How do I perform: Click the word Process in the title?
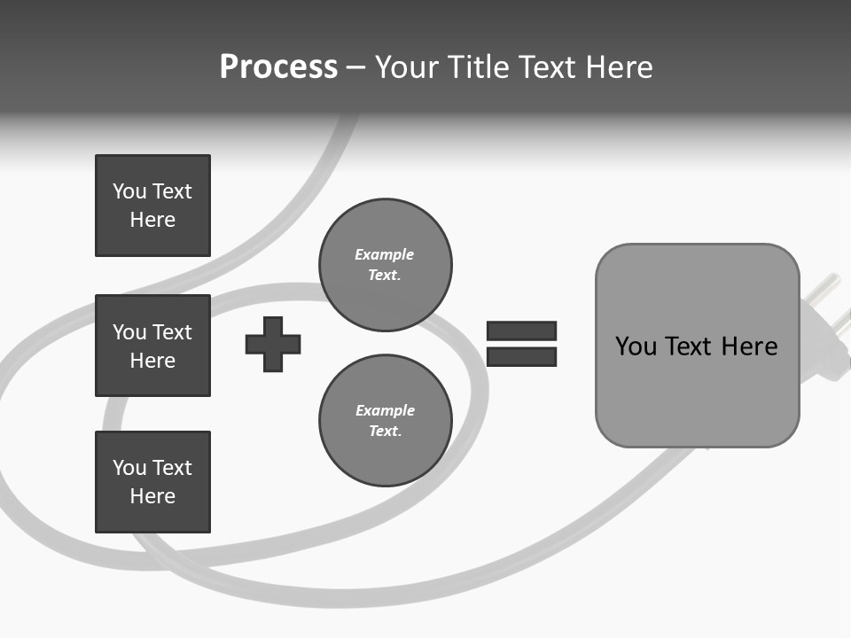tap(278, 67)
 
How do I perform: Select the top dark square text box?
tap(152, 206)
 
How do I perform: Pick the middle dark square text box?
tap(152, 346)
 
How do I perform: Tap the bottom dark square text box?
tap(152, 482)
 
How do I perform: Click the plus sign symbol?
tap(273, 344)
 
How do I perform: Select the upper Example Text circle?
tap(386, 265)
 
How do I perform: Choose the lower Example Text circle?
tap(386, 421)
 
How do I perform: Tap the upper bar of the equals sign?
tap(521, 331)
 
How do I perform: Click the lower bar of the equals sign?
tap(521, 356)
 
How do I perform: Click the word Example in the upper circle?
tap(385, 255)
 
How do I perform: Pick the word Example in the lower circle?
tap(385, 411)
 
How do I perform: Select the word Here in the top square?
tap(152, 220)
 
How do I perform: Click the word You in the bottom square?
tap(129, 468)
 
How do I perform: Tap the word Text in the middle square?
tap(172, 332)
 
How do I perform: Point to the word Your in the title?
tap(407, 67)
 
